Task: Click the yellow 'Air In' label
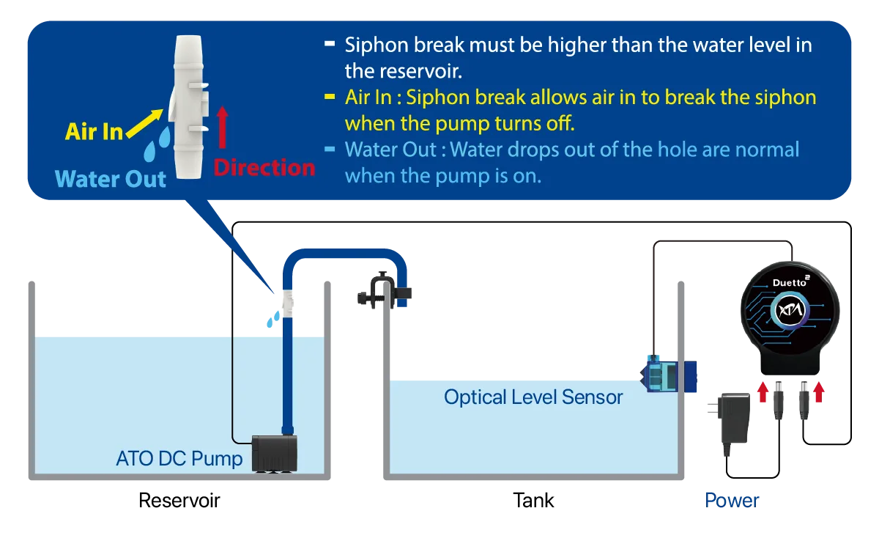pos(94,132)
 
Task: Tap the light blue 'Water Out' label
pos(111,179)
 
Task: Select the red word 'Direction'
pos(264,168)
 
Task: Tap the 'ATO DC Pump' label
pos(179,459)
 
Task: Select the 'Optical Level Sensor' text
pos(533,398)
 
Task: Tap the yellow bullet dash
pos(330,97)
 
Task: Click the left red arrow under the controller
pos(763,392)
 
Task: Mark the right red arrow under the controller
pos(818,392)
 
